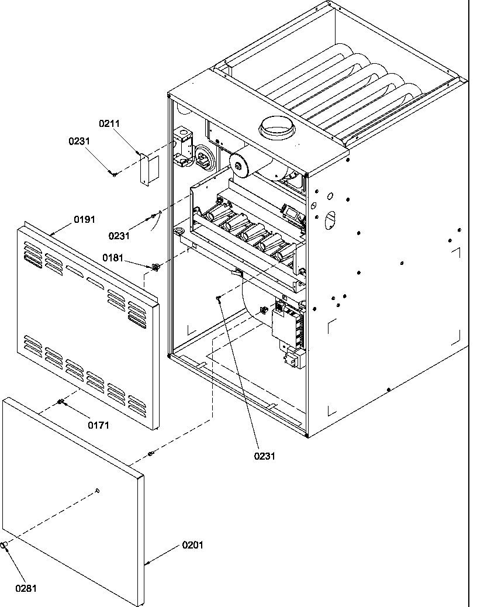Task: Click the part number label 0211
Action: click(x=109, y=123)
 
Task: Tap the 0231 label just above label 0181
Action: click(x=119, y=236)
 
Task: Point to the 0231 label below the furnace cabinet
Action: click(x=264, y=456)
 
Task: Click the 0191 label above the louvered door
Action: click(x=84, y=219)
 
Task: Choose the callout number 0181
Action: click(x=113, y=257)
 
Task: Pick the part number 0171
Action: click(x=99, y=425)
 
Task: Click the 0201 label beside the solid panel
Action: click(x=192, y=545)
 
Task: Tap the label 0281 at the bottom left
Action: click(x=26, y=588)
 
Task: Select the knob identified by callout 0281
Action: click(x=4, y=546)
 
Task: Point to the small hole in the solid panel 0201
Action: click(x=98, y=490)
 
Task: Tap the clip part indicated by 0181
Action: click(x=155, y=267)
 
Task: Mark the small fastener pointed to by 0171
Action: click(x=61, y=401)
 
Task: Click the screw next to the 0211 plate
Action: click(x=115, y=173)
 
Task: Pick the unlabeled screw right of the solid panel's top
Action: click(x=150, y=454)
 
